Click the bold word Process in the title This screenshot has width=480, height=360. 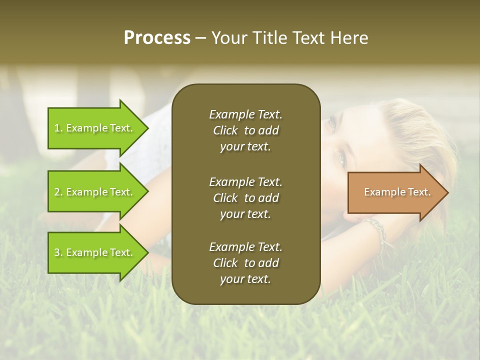[157, 38]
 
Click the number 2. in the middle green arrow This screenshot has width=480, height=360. [58, 192]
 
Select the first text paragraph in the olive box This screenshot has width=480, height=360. [245, 130]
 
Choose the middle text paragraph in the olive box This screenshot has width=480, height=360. [245, 198]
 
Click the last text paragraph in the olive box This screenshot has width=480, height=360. [245, 263]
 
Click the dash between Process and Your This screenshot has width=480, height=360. [200, 38]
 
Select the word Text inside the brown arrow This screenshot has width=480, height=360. [419, 192]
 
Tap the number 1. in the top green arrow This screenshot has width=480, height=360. [58, 128]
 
